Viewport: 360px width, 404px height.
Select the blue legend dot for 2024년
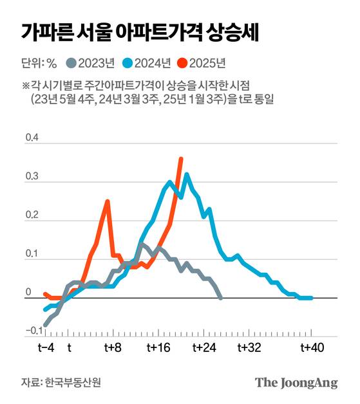tap(128, 63)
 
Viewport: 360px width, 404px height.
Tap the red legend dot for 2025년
tap(184, 63)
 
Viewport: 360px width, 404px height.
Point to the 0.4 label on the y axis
tap(31, 138)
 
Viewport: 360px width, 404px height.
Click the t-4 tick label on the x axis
tap(46, 348)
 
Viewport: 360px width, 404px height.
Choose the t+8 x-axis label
tap(113, 348)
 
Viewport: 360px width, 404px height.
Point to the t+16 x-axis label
tap(158, 348)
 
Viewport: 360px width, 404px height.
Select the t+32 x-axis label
tap(249, 348)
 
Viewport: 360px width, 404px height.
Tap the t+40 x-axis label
tap(312, 348)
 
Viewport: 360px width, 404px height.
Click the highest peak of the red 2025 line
tap(181, 158)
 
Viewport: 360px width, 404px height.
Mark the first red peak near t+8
tap(108, 201)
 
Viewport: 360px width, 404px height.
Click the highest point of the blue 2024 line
tap(187, 174)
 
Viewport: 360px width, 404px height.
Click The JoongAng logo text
tap(296, 382)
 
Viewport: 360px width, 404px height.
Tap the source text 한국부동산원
tap(73, 382)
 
